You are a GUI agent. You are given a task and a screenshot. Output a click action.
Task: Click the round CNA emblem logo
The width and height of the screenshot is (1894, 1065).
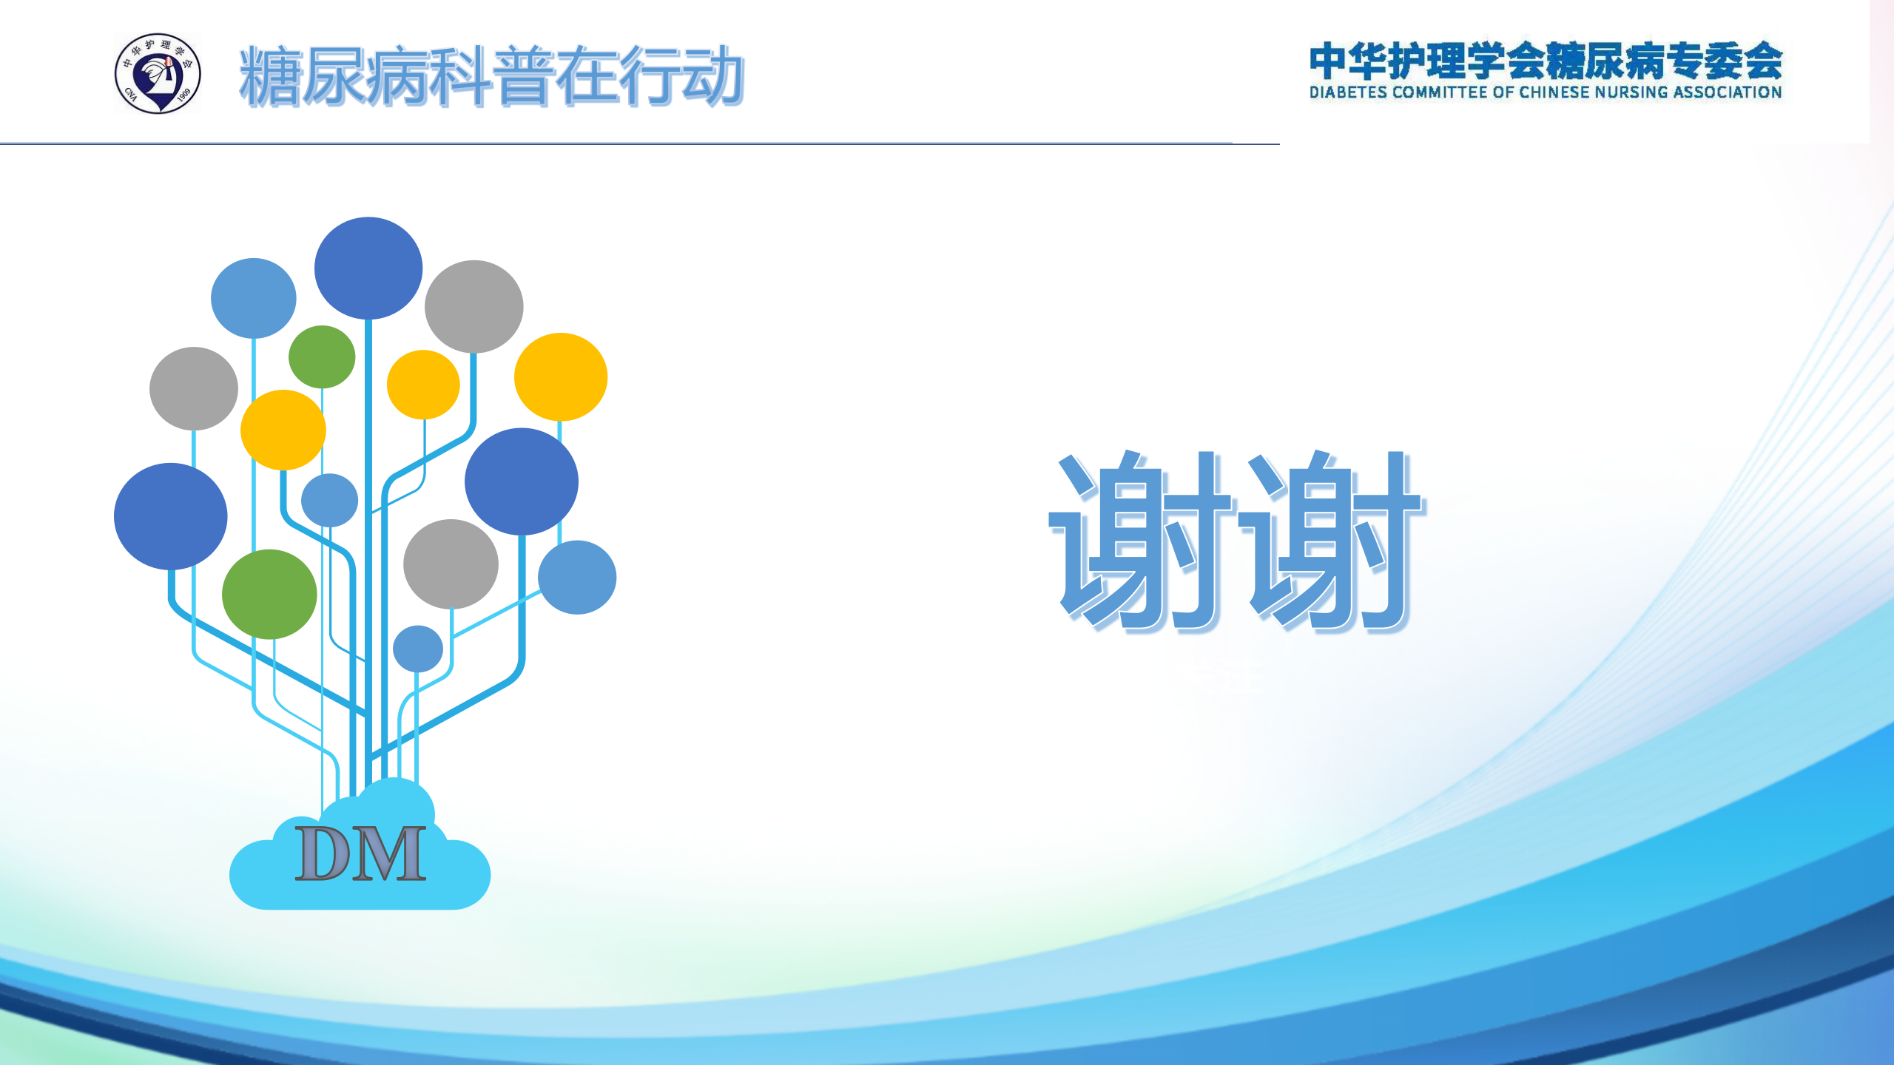158,73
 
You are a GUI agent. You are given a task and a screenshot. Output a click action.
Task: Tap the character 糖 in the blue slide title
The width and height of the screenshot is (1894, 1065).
271,76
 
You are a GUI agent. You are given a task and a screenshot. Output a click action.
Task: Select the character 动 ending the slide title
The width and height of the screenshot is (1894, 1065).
712,76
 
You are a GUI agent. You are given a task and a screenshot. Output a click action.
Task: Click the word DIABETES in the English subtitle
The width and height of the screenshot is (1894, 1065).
1348,92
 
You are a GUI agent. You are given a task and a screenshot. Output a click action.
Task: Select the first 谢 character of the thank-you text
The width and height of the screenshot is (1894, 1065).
1142,541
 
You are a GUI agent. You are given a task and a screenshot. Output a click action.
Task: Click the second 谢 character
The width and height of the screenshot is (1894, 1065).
1331,541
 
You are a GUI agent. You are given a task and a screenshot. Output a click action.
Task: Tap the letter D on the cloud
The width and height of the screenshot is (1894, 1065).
324,853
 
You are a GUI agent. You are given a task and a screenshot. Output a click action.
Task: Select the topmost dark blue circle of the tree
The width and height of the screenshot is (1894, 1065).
368,268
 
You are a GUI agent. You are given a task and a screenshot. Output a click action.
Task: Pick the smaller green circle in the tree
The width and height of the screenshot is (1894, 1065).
322,356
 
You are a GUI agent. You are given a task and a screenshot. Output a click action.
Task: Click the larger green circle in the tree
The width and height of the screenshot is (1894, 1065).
269,594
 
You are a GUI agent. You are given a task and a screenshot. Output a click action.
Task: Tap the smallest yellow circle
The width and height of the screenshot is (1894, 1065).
423,385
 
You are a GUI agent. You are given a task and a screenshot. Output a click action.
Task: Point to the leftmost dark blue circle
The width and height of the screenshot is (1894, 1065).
170,516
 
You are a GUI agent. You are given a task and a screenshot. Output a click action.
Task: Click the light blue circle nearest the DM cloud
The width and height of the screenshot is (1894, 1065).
418,649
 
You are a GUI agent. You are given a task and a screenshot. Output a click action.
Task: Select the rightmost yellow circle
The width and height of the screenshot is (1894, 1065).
561,377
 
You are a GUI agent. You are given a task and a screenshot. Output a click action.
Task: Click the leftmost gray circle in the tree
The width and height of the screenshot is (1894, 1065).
194,388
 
